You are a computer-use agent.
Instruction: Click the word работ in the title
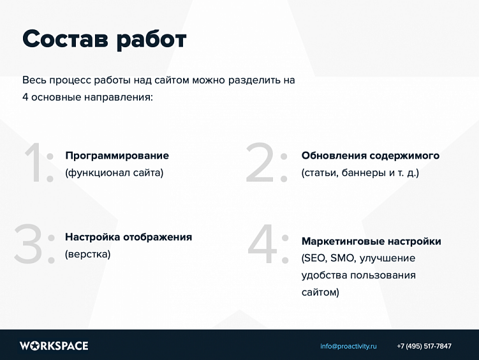click(x=151, y=40)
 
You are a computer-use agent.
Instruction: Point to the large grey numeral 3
click(x=29, y=245)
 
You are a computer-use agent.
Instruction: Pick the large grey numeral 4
click(x=264, y=245)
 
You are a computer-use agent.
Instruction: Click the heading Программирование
click(x=117, y=155)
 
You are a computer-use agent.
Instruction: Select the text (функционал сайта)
click(x=114, y=172)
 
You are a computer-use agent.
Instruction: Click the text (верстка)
click(x=87, y=254)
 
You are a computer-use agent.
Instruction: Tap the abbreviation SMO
click(x=344, y=258)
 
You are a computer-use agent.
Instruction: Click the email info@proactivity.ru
click(x=348, y=346)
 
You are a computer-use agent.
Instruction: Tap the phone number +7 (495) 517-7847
click(x=424, y=346)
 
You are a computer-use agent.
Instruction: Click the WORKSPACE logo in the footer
click(x=54, y=346)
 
